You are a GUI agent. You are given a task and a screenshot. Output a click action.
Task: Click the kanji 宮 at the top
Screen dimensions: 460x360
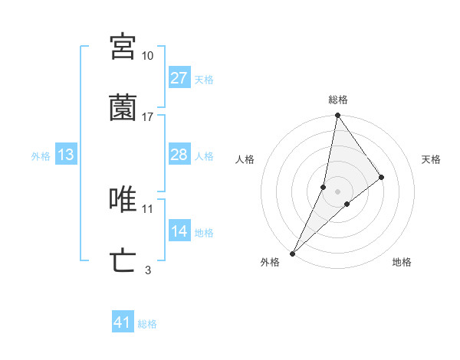[x=123, y=47]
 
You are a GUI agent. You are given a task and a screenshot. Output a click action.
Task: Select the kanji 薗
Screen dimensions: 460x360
[x=123, y=109]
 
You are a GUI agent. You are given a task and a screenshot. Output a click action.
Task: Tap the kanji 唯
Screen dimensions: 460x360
[x=123, y=200]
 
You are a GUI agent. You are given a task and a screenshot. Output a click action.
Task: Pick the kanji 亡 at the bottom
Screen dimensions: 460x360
[x=123, y=261]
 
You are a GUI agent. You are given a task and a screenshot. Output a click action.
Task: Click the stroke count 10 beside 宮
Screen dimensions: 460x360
[x=147, y=56]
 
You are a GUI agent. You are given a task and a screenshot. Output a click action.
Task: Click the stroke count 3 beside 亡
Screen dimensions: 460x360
[x=147, y=270]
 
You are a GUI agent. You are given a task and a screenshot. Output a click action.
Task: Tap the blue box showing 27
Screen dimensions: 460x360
[x=179, y=78]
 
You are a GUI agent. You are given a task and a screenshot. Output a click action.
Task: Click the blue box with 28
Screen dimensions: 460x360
[x=179, y=155]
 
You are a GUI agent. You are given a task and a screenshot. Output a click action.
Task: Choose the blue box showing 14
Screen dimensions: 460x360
[x=179, y=231]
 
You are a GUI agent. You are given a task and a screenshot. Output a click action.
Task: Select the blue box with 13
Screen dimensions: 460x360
[x=66, y=155]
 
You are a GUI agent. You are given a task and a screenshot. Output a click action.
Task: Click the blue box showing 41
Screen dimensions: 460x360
[x=122, y=322]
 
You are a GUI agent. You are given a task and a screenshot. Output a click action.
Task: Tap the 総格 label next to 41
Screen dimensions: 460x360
[x=147, y=324]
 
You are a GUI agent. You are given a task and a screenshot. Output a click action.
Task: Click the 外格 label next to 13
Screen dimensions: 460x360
[x=41, y=156]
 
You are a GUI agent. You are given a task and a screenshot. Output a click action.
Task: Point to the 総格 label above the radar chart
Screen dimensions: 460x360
[x=337, y=100]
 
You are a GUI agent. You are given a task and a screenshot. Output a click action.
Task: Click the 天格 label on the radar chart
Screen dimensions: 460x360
[x=431, y=159]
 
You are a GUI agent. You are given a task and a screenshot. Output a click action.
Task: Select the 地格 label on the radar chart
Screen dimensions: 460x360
[x=402, y=262]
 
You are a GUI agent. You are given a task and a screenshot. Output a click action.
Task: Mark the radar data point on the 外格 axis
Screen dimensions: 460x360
[x=292, y=253]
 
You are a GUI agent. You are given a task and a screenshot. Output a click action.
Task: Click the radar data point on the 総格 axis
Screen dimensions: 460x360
[x=337, y=116]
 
